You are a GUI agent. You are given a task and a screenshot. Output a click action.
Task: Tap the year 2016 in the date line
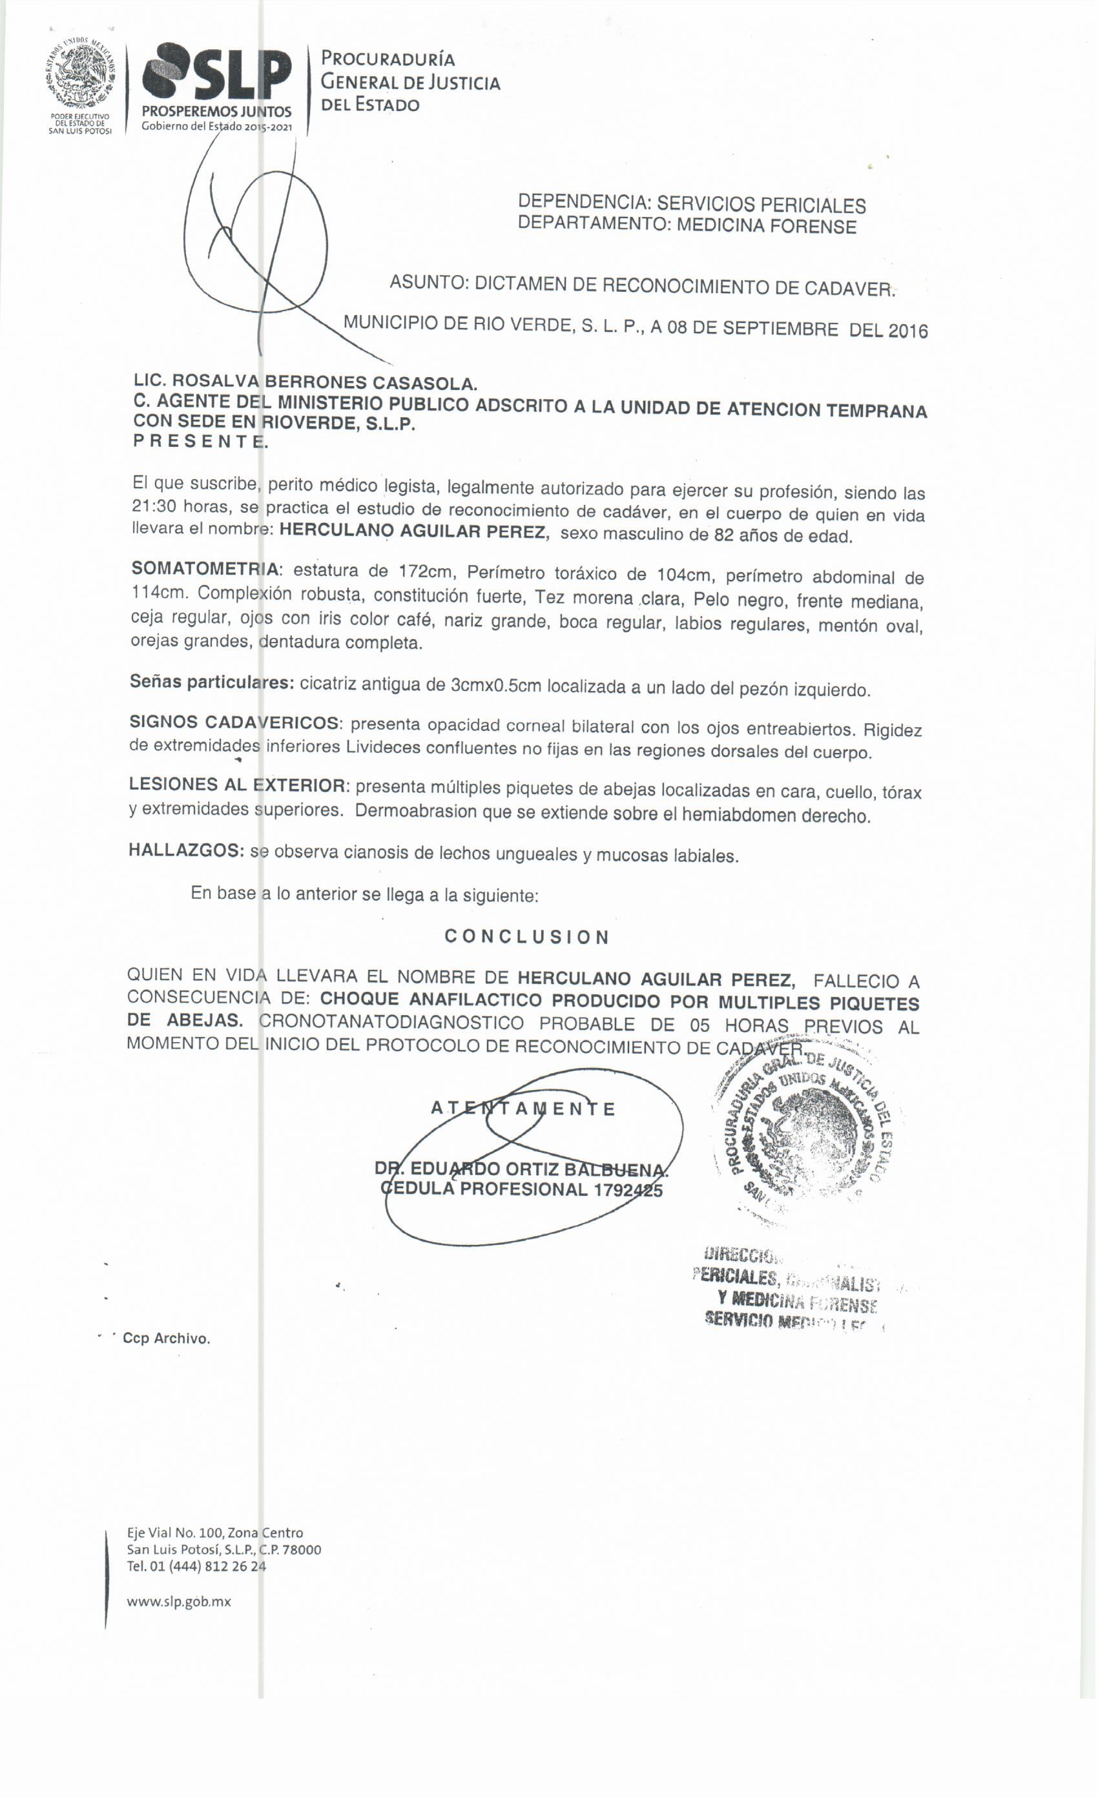point(908,331)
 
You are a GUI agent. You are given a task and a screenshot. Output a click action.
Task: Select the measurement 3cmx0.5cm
point(495,686)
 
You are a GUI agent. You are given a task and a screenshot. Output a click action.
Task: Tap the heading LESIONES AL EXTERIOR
point(236,785)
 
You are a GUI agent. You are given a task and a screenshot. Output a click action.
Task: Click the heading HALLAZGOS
point(186,850)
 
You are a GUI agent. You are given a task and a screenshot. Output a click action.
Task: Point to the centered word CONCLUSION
point(526,937)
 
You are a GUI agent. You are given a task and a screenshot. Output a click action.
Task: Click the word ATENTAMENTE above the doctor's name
point(523,1108)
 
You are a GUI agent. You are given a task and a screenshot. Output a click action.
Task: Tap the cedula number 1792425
point(628,1189)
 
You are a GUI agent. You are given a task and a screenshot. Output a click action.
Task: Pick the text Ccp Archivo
point(166,1339)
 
